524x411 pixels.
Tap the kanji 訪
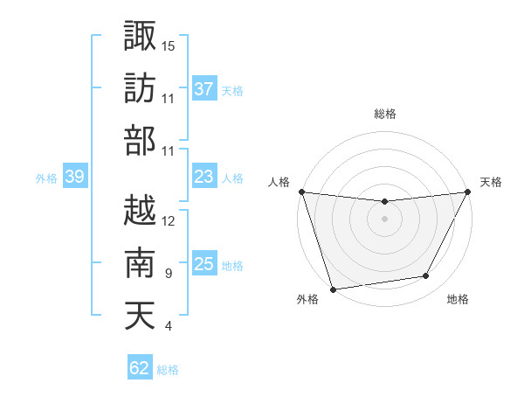pyautogui.click(x=140, y=88)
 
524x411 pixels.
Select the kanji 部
pyautogui.click(x=140, y=142)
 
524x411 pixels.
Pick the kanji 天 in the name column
pyautogui.click(x=140, y=315)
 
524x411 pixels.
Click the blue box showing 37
pyautogui.click(x=203, y=89)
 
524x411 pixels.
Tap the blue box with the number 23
pyautogui.click(x=203, y=177)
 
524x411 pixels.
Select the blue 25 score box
pyautogui.click(x=203, y=264)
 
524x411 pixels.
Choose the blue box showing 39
pyautogui.click(x=74, y=178)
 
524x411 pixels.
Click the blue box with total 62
pyautogui.click(x=139, y=368)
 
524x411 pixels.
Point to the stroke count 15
pyautogui.click(x=169, y=45)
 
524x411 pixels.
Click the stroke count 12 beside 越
pyautogui.click(x=169, y=220)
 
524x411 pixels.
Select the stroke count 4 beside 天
pyautogui.click(x=168, y=327)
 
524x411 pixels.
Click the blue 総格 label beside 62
pyautogui.click(x=168, y=370)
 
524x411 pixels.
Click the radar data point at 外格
pyautogui.click(x=333, y=289)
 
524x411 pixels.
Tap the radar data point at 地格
pyautogui.click(x=426, y=276)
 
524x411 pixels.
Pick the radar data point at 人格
pyautogui.click(x=301, y=192)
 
